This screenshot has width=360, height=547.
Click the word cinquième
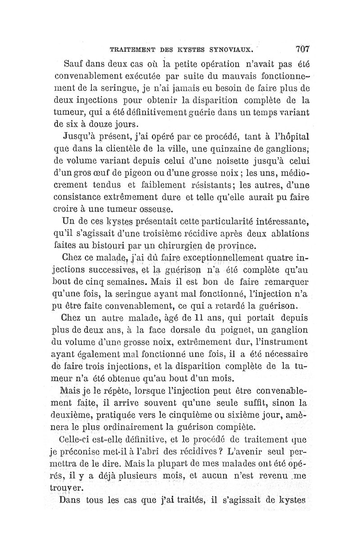point(203,414)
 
